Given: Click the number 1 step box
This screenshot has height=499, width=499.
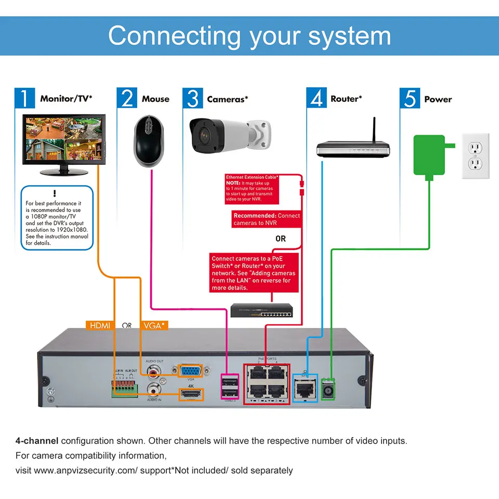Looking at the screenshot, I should tap(24, 98).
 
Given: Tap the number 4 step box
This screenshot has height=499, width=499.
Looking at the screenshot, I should tap(316, 98).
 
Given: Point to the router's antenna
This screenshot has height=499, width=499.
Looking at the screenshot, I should tap(373, 130).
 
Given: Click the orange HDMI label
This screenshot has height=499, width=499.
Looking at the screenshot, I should tap(99, 326).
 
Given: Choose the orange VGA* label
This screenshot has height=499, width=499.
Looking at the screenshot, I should tap(154, 326).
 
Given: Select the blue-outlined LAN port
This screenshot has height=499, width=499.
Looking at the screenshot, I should tap(305, 388).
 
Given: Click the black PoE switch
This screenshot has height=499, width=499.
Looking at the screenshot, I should tap(262, 310).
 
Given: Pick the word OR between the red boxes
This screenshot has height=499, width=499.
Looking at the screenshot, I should tap(281, 239).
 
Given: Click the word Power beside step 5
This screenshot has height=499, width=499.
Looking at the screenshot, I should tap(438, 99).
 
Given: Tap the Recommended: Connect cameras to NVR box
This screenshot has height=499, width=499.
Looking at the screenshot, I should tap(266, 219).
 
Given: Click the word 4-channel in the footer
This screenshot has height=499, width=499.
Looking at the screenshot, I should tap(36, 441).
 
